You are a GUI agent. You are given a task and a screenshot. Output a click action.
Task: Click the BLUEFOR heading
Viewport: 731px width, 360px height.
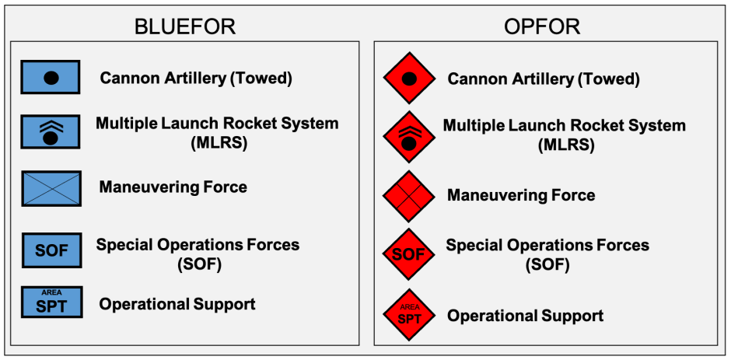click(184, 26)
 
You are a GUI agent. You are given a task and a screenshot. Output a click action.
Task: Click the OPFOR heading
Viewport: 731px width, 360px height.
click(542, 26)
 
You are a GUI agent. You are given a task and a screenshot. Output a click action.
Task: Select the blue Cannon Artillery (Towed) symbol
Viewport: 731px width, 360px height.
click(51, 78)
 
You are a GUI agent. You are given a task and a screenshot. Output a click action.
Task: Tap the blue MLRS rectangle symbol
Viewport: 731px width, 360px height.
click(51, 133)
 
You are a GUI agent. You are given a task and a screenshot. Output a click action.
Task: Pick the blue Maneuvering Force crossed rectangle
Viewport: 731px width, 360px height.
click(51, 188)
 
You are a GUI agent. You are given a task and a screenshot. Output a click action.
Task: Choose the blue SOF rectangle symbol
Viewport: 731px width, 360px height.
click(51, 250)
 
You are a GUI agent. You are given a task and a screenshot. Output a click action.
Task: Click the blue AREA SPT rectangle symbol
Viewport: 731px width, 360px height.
click(51, 302)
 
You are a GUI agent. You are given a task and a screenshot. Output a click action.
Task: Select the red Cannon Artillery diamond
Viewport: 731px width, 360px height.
click(409, 79)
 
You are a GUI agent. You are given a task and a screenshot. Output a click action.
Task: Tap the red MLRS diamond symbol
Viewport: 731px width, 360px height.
click(409, 136)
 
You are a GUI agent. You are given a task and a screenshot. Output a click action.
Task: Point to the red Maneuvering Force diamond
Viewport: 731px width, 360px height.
click(409, 195)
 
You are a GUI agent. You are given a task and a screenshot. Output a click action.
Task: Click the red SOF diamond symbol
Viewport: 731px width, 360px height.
click(409, 254)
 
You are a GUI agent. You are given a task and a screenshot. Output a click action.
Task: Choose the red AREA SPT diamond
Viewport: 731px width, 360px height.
click(409, 314)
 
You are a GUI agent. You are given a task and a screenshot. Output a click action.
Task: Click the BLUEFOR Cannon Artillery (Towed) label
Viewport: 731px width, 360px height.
click(195, 78)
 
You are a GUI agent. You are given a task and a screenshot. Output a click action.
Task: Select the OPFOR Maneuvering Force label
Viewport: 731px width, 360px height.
click(521, 195)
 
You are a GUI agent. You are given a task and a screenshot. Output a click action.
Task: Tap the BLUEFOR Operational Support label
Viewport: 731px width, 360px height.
click(177, 304)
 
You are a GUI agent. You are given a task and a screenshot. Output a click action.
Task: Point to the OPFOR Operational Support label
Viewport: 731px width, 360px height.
click(525, 316)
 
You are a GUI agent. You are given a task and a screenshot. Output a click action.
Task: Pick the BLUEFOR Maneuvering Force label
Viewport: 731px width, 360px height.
click(173, 187)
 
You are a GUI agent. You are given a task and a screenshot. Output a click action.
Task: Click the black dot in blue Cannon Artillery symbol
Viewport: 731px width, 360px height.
click(51, 78)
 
